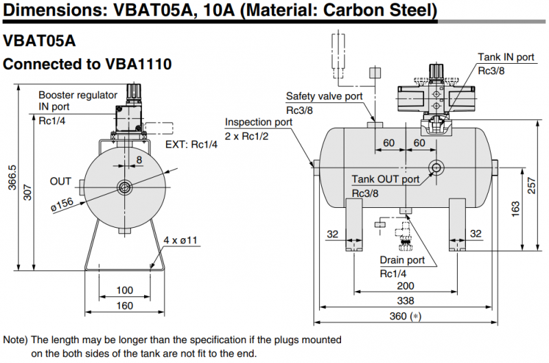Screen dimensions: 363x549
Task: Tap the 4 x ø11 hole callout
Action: tap(180, 240)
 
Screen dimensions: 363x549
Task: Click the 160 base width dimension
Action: tap(124, 305)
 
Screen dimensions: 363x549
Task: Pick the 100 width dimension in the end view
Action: tap(124, 290)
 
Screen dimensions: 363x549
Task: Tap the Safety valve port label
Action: tap(324, 97)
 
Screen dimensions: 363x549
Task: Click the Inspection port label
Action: tap(259, 122)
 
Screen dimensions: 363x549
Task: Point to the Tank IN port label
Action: tap(506, 58)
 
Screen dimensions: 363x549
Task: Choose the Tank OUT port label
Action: tap(385, 179)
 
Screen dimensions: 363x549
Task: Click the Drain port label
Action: tap(402, 260)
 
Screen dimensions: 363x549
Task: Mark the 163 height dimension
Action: tap(515, 210)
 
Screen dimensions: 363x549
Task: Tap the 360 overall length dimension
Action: tap(401, 316)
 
